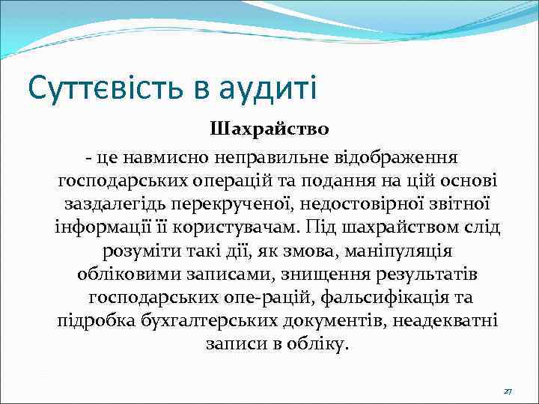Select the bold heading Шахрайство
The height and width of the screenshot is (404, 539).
(269, 129)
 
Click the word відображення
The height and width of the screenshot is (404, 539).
(404, 159)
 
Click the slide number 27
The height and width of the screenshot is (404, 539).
(508, 391)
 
